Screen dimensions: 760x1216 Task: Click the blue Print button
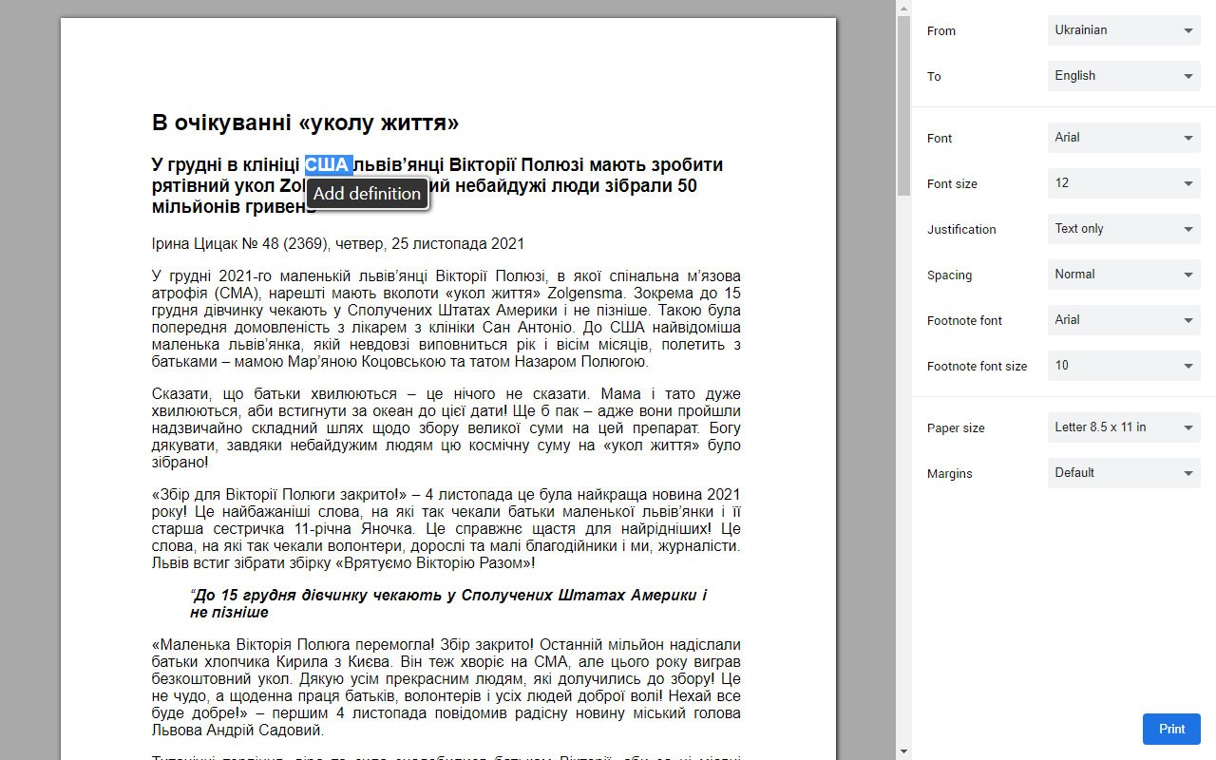click(1171, 729)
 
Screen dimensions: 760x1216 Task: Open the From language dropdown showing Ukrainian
click(1124, 30)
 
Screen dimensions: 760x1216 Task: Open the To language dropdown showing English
click(1124, 76)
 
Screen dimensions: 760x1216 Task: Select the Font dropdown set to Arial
click(1124, 138)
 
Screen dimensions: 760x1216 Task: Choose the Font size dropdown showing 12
click(1124, 183)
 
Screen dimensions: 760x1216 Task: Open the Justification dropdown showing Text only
click(1124, 229)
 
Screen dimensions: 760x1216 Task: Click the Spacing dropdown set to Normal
click(1124, 275)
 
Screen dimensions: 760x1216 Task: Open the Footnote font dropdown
click(1124, 320)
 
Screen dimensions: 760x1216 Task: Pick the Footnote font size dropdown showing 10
click(1124, 366)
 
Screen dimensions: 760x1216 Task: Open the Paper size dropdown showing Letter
click(1124, 427)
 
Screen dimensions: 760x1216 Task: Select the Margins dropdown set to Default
click(1124, 473)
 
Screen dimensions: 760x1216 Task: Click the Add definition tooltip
click(367, 194)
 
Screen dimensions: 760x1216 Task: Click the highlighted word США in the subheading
click(328, 164)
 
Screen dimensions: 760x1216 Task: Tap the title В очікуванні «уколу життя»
click(305, 123)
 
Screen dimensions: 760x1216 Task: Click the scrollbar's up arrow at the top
click(903, 8)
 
